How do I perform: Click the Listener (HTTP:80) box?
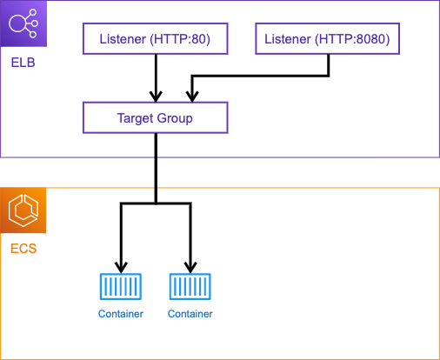coord(156,39)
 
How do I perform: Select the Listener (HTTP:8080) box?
coord(328,39)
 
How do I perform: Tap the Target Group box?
coord(156,117)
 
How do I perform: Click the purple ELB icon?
coord(23,23)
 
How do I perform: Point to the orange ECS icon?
coord(23,210)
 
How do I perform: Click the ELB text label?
coord(23,63)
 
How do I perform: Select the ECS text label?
coord(23,249)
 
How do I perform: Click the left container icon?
coord(121,286)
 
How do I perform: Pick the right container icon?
coord(190,286)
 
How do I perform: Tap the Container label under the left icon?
coord(121,314)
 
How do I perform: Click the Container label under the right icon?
coord(190,314)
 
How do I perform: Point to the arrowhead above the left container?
coord(121,268)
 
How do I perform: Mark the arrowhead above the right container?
coord(190,268)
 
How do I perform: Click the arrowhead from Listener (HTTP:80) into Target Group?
coord(156,97)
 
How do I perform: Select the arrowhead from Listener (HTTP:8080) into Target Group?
coord(192,97)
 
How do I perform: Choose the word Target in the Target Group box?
coord(135,118)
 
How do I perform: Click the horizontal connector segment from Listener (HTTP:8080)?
coord(260,76)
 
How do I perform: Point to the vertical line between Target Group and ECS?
coord(156,169)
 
